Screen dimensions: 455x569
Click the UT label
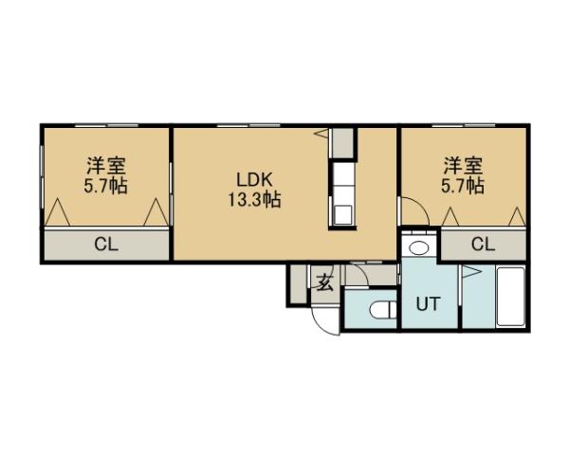point(429,305)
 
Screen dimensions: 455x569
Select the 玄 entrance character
point(324,282)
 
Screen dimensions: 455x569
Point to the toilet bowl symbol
point(382,310)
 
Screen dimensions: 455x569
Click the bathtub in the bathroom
point(511,298)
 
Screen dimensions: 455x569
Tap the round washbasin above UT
point(418,248)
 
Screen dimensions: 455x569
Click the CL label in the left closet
point(105,244)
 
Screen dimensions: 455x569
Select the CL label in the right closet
point(483,244)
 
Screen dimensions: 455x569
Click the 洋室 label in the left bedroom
point(105,165)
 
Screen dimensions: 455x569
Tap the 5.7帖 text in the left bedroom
point(105,185)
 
